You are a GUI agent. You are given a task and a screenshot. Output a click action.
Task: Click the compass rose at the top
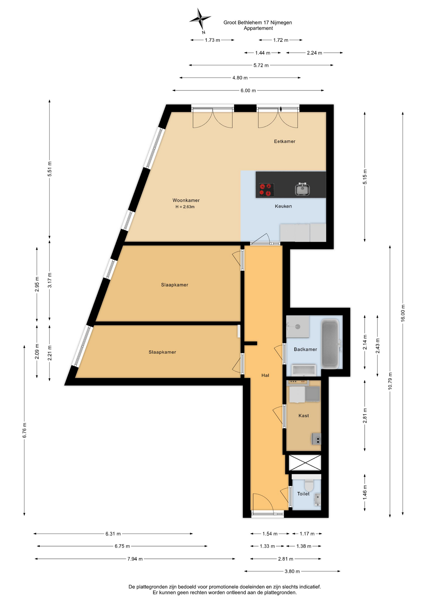(x=200, y=20)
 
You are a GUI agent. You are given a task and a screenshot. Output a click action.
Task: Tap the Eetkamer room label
(x=285, y=141)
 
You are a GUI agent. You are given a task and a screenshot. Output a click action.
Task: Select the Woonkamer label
(x=186, y=200)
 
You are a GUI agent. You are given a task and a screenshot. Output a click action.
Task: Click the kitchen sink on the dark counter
(x=302, y=189)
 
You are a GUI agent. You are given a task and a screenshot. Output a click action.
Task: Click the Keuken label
(x=283, y=206)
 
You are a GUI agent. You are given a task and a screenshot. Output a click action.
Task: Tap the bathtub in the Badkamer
(x=330, y=344)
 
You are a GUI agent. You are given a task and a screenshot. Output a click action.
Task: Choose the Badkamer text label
(x=305, y=349)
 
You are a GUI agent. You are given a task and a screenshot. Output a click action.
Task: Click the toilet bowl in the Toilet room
(x=309, y=485)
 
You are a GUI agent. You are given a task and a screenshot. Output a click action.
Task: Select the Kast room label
(x=303, y=416)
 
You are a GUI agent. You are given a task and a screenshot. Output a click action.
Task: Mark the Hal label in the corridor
(x=265, y=375)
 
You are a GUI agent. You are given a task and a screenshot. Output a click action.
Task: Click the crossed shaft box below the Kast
(x=305, y=462)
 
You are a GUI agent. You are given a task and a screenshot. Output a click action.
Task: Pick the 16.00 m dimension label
(x=403, y=313)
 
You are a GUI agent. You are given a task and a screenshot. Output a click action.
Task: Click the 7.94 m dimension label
(x=135, y=559)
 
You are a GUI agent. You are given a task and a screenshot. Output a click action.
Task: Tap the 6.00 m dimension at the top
(x=248, y=90)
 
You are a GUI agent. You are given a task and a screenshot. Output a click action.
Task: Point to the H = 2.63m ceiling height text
(x=185, y=207)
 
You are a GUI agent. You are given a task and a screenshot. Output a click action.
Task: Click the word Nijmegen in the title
(x=281, y=23)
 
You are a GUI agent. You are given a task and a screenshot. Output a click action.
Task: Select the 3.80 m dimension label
(x=292, y=571)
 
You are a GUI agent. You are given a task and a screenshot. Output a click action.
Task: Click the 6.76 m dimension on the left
(x=24, y=430)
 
